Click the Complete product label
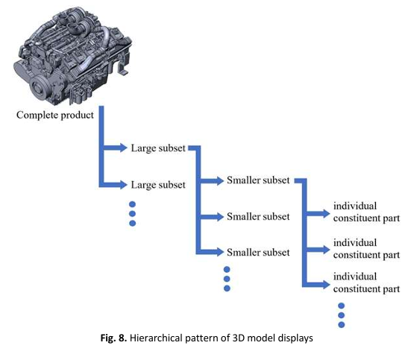point(55,116)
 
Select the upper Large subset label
point(158,148)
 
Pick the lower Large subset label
point(158,185)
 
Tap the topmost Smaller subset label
point(258,180)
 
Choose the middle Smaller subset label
point(258,217)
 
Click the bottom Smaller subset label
point(258,253)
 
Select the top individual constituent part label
point(366,212)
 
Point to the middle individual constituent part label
point(366,249)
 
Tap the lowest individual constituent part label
point(366,282)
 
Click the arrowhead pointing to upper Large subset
point(124,148)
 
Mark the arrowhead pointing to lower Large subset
point(124,185)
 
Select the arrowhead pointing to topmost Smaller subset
point(220,180)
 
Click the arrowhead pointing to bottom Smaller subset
point(220,252)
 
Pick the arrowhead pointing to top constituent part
point(326,213)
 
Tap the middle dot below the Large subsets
point(133,214)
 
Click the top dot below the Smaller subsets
point(227,269)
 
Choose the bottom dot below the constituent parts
point(342,325)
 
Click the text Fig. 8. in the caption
point(113,338)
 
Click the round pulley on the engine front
point(40,87)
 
